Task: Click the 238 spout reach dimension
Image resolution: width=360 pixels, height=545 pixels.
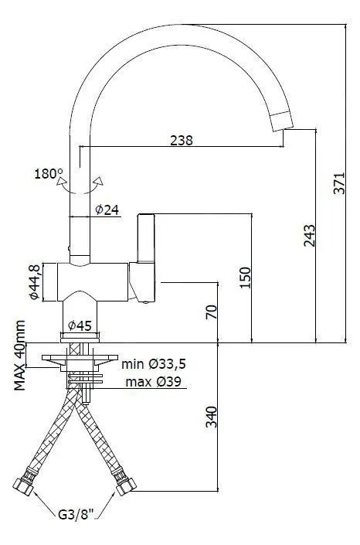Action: click(x=181, y=140)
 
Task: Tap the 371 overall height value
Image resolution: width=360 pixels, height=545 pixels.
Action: click(x=339, y=182)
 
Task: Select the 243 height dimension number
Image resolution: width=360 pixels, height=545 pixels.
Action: click(x=309, y=236)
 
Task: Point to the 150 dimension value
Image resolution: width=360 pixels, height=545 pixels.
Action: click(x=245, y=278)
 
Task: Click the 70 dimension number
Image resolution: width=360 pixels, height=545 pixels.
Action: click(x=211, y=312)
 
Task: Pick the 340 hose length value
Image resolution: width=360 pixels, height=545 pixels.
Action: click(x=211, y=417)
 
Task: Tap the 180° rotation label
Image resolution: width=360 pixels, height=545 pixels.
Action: click(x=49, y=173)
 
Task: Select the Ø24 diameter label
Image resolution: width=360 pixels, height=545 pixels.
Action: click(x=107, y=209)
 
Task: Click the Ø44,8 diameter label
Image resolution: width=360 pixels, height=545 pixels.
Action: click(x=34, y=281)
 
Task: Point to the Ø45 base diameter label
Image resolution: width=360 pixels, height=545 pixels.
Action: click(x=80, y=325)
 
